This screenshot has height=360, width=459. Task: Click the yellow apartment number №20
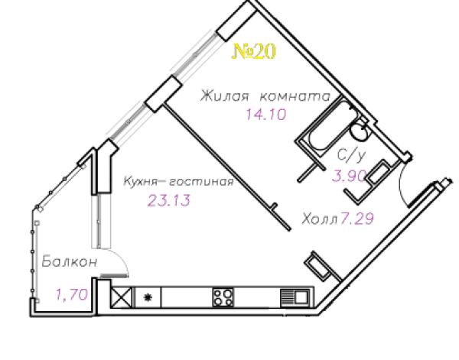(254, 51)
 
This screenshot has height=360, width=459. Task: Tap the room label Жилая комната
(265, 96)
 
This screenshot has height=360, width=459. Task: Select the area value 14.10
(265, 115)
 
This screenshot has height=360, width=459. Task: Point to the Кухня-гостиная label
(178, 181)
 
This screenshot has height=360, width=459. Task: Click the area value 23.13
(169, 200)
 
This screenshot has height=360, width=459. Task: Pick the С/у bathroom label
(352, 154)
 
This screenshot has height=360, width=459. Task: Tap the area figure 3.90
(350, 176)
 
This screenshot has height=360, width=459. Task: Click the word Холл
(320, 219)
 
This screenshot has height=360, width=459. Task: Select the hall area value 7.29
(357, 219)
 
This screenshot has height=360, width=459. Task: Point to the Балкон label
(70, 261)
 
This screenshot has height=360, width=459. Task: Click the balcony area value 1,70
(72, 294)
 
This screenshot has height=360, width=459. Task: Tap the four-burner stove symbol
(223, 297)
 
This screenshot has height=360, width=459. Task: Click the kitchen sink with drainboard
(295, 298)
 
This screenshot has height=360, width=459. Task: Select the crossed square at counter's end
(121, 297)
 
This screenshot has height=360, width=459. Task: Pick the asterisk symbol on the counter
(148, 297)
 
